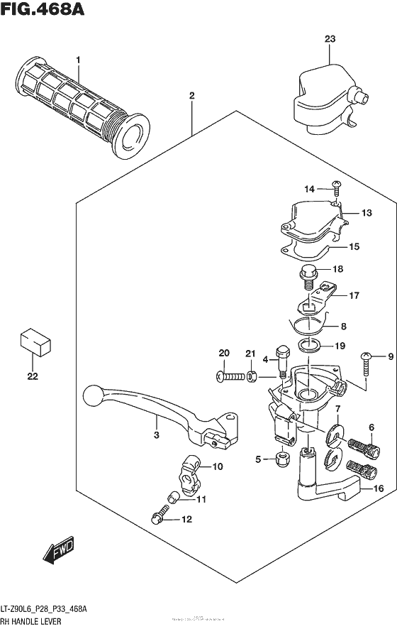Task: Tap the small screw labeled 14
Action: tap(335, 187)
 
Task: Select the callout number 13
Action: tap(366, 212)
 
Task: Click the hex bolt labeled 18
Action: tap(310, 273)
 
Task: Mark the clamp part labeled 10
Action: tap(189, 472)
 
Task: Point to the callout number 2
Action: tap(191, 95)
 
